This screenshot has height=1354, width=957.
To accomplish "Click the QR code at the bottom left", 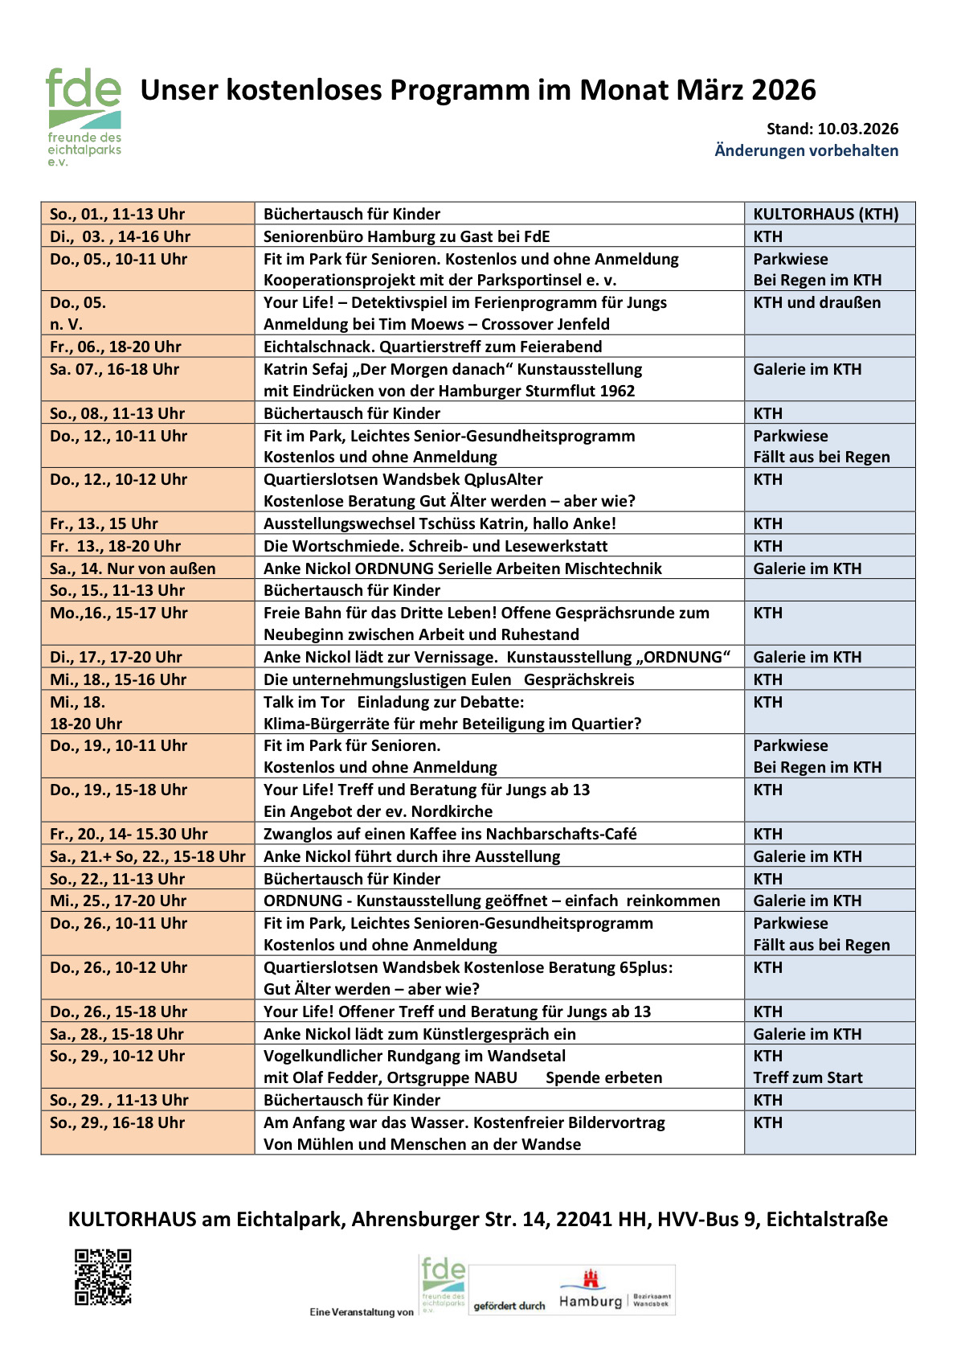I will [103, 1276].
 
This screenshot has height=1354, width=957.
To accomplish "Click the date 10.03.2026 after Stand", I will [858, 129].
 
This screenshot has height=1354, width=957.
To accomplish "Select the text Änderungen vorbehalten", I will [806, 150].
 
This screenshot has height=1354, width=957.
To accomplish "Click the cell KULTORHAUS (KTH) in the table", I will [825, 214].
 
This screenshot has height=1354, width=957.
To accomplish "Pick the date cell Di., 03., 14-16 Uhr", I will [120, 236].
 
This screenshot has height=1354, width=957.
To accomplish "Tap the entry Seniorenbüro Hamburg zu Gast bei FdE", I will [407, 236].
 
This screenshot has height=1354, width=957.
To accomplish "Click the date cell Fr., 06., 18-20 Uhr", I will [116, 347].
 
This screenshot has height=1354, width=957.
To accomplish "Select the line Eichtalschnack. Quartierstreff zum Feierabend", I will [432, 347].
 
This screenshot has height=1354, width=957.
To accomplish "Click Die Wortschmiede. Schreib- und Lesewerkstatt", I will [436, 546].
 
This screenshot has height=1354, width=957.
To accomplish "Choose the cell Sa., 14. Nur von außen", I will [133, 568].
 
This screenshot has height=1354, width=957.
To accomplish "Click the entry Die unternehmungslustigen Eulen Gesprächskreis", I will [448, 679].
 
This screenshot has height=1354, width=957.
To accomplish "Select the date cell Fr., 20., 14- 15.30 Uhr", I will [129, 834].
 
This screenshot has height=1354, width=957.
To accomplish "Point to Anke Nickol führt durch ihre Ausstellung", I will [411, 856].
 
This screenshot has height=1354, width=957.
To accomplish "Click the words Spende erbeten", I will [603, 1077].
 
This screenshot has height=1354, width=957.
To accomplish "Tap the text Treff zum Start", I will [808, 1077].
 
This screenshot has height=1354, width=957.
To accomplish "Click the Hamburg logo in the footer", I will [591, 1290].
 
